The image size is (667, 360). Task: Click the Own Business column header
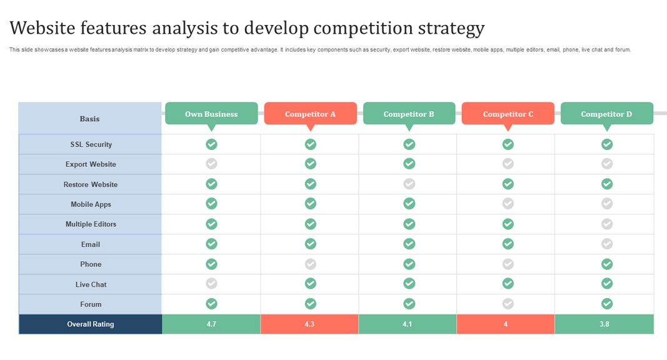point(211,114)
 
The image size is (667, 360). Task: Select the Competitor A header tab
point(310,114)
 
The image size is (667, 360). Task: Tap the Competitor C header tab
point(508,114)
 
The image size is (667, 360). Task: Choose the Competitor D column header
point(606,114)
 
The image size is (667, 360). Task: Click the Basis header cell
point(90,119)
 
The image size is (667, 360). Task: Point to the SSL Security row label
point(91,144)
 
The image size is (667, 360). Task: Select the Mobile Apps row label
point(91,204)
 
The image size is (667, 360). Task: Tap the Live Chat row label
point(91,284)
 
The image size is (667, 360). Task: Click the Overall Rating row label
point(91,324)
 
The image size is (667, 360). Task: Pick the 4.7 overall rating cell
point(211,324)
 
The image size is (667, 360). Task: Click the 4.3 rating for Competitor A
point(309,324)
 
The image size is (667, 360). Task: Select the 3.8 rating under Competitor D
point(604,324)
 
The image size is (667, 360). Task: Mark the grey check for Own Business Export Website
point(212,164)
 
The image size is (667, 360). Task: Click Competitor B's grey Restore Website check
point(409,184)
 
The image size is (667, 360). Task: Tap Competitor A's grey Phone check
point(311,264)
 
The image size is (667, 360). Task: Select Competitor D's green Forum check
point(607,304)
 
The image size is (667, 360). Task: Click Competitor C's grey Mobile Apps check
point(508,203)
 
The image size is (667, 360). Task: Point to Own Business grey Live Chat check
point(212,284)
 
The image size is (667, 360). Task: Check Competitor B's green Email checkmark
point(409,244)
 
